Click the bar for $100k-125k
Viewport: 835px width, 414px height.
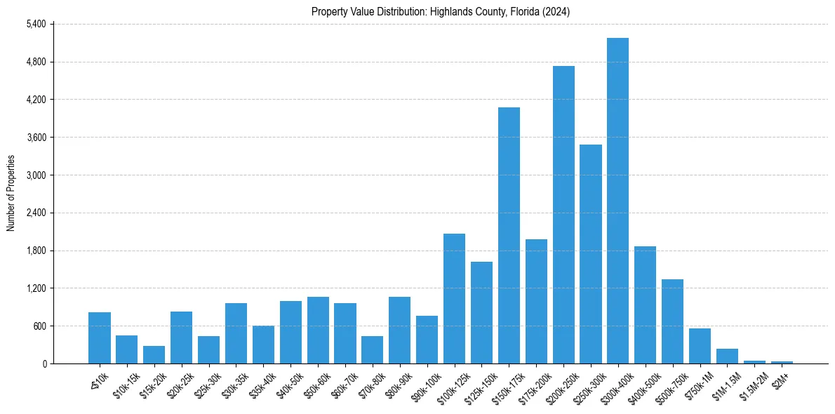coord(454,299)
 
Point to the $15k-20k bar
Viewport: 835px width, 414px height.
coord(154,355)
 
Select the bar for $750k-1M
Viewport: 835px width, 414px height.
coord(700,346)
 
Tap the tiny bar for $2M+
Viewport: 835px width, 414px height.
coord(782,362)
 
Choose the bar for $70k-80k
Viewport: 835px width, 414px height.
coord(372,350)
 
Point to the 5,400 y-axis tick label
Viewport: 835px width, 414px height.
coord(36,24)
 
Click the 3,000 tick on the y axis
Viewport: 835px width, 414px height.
coord(36,175)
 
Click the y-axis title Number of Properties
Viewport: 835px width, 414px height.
coord(11,194)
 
